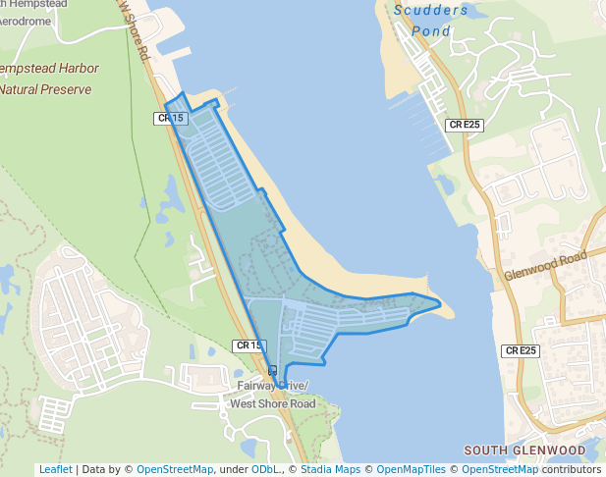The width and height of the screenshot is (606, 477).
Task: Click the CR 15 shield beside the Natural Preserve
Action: point(170,119)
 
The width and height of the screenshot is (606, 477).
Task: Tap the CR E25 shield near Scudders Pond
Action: point(464,125)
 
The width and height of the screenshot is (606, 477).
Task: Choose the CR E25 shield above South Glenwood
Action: point(521,350)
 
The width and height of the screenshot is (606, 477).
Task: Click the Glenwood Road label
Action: point(545,265)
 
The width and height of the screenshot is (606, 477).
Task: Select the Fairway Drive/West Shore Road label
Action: point(272,395)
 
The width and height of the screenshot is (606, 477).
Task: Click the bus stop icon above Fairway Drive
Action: point(272,371)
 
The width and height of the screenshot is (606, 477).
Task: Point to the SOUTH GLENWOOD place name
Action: point(523,450)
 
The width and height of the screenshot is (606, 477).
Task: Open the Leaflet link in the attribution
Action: point(55,469)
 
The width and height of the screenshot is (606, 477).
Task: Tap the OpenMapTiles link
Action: point(411,469)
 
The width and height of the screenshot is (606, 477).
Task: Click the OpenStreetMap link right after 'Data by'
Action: point(174,469)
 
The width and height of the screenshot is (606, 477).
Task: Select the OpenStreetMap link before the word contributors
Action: point(500,469)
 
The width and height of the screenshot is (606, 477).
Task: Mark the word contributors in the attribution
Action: point(572,469)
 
